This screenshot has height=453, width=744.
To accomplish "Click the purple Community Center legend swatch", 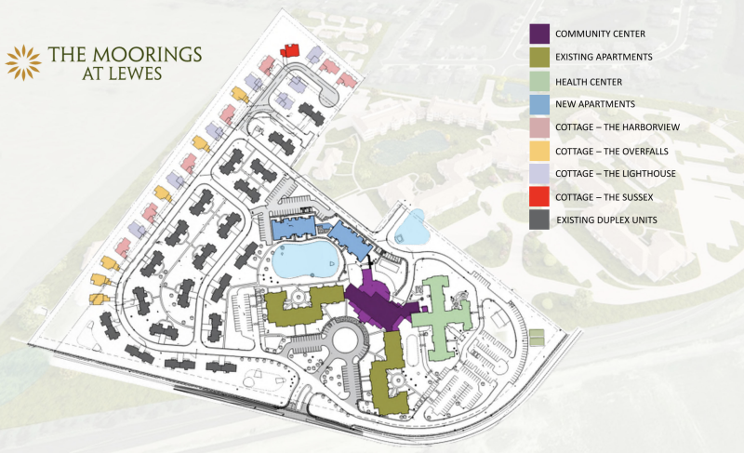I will point(539,33).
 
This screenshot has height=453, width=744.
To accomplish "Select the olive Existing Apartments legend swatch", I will point(539,58).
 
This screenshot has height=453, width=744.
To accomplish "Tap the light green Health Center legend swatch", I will point(539,81).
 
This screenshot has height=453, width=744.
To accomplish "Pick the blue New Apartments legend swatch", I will point(539,103).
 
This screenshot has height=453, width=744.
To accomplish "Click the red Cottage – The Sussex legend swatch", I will point(539,197).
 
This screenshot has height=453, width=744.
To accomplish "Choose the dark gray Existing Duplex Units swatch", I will point(539,220).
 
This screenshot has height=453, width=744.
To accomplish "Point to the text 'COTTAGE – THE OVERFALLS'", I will point(617,151).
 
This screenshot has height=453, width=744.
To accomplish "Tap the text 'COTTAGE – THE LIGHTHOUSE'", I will point(619,174).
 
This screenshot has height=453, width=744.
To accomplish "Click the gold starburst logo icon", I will point(22,62).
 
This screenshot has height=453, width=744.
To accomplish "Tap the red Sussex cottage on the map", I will point(290,49).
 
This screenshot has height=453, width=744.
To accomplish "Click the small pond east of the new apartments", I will point(409,225).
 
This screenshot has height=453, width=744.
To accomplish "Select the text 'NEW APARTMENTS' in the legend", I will point(596,103).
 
